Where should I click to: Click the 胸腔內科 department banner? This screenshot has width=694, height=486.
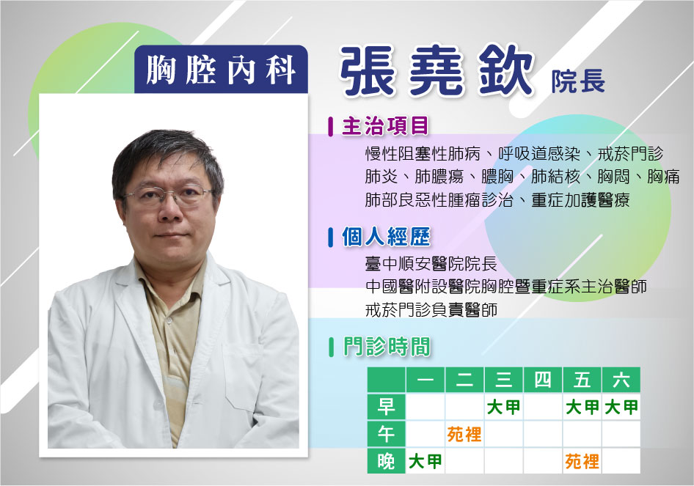coord(221,70)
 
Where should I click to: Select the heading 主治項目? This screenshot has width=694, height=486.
coord(385,126)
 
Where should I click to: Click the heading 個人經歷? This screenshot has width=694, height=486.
coord(386,237)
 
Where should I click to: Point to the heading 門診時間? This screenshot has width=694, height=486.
coord(387,346)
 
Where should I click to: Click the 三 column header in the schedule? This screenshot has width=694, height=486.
coord(504,380)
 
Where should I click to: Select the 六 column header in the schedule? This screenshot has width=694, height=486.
coord(621,380)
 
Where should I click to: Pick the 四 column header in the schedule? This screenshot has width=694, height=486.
coord(543,380)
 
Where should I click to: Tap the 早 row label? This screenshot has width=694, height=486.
coord(386,406)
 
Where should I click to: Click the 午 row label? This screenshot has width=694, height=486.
coord(386,434)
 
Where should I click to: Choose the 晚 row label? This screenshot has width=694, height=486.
coord(386,461)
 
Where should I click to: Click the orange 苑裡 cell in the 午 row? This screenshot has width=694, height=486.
coord(464,434)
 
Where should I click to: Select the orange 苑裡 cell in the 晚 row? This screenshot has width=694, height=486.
coord(582,462)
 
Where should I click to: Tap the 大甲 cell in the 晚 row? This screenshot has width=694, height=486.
coord(425,462)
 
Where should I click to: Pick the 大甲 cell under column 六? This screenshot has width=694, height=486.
coord(621,407)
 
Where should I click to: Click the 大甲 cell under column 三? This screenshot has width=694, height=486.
coord(504,407)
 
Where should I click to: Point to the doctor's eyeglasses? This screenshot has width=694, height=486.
coord(167,195)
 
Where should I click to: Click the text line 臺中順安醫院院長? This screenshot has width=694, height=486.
coord(431,264)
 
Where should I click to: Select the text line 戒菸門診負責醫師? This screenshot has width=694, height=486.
coord(431,309)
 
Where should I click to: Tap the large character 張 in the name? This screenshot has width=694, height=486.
coord(367,71)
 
